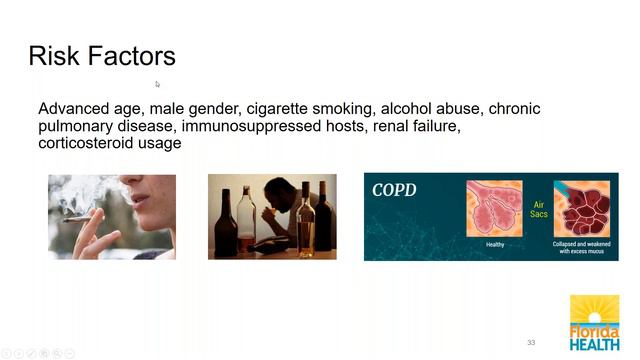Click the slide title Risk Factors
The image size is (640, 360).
pos(102,55)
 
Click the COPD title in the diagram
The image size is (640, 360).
pos(395,190)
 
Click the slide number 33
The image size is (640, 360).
pos(531,342)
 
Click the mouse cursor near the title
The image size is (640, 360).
pos(157,84)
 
